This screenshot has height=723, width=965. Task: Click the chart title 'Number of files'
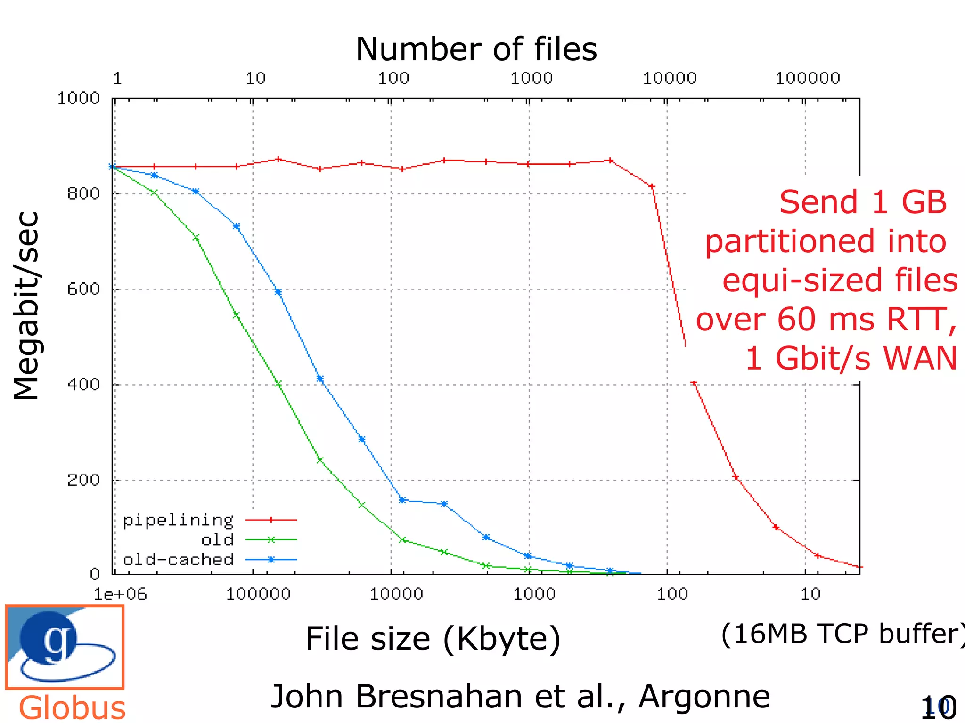click(476, 49)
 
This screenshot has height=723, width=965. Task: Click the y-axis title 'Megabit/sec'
click(26, 306)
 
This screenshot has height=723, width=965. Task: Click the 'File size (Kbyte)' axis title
click(433, 639)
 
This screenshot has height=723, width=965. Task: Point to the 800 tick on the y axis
click(83, 193)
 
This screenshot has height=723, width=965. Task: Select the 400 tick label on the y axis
click(83, 384)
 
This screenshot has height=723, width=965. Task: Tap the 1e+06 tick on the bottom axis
click(120, 594)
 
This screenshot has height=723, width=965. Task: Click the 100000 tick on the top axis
click(808, 78)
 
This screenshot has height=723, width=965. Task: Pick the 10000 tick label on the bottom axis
click(396, 594)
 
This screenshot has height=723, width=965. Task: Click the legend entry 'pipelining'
click(178, 520)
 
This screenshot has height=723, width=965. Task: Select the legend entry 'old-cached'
click(178, 560)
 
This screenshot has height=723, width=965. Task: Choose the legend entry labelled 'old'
click(217, 540)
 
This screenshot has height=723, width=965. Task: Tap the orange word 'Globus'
click(72, 707)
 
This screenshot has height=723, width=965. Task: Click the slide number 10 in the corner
click(938, 707)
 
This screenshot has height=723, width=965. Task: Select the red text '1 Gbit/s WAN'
click(851, 358)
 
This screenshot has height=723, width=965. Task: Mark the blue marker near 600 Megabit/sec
click(278, 292)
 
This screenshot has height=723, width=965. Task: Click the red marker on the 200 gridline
click(736, 477)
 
